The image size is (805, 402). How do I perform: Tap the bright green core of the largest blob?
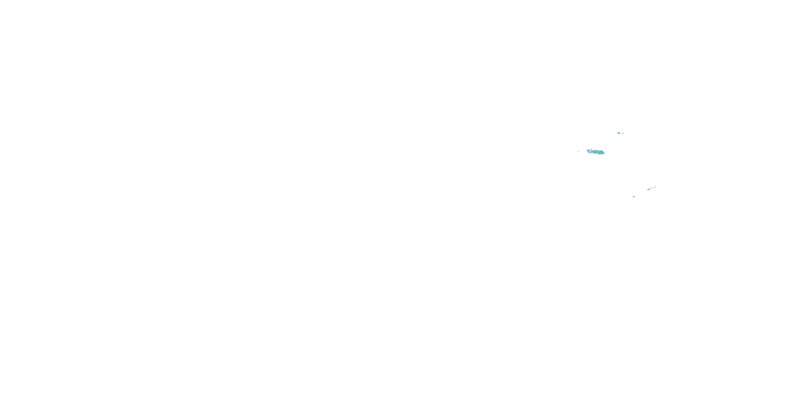click(x=598, y=152)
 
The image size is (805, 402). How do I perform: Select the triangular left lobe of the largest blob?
click(x=588, y=151)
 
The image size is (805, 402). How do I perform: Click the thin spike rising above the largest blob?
click(x=592, y=149)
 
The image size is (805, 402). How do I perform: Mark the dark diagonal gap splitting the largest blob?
click(x=590, y=152)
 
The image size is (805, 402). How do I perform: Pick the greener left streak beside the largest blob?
click(x=579, y=151)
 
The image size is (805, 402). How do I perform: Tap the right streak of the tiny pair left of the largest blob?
click(x=579, y=152)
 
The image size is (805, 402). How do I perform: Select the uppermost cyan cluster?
click(x=619, y=133)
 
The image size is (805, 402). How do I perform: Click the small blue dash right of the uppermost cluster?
click(x=623, y=133)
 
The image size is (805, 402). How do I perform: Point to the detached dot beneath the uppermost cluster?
click(x=618, y=134)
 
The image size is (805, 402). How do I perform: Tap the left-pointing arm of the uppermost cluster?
click(x=617, y=132)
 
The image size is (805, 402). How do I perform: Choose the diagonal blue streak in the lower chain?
click(x=649, y=189)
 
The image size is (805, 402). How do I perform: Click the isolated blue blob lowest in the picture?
click(x=634, y=197)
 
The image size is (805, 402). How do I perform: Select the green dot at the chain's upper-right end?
click(x=657, y=186)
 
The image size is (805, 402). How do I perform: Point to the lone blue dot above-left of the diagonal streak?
click(x=646, y=186)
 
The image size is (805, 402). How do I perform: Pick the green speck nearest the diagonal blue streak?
click(x=653, y=188)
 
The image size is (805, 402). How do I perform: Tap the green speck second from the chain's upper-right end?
click(x=655, y=187)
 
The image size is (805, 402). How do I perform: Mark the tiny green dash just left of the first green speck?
click(x=651, y=188)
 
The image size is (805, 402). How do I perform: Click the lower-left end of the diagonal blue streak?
click(x=648, y=190)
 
